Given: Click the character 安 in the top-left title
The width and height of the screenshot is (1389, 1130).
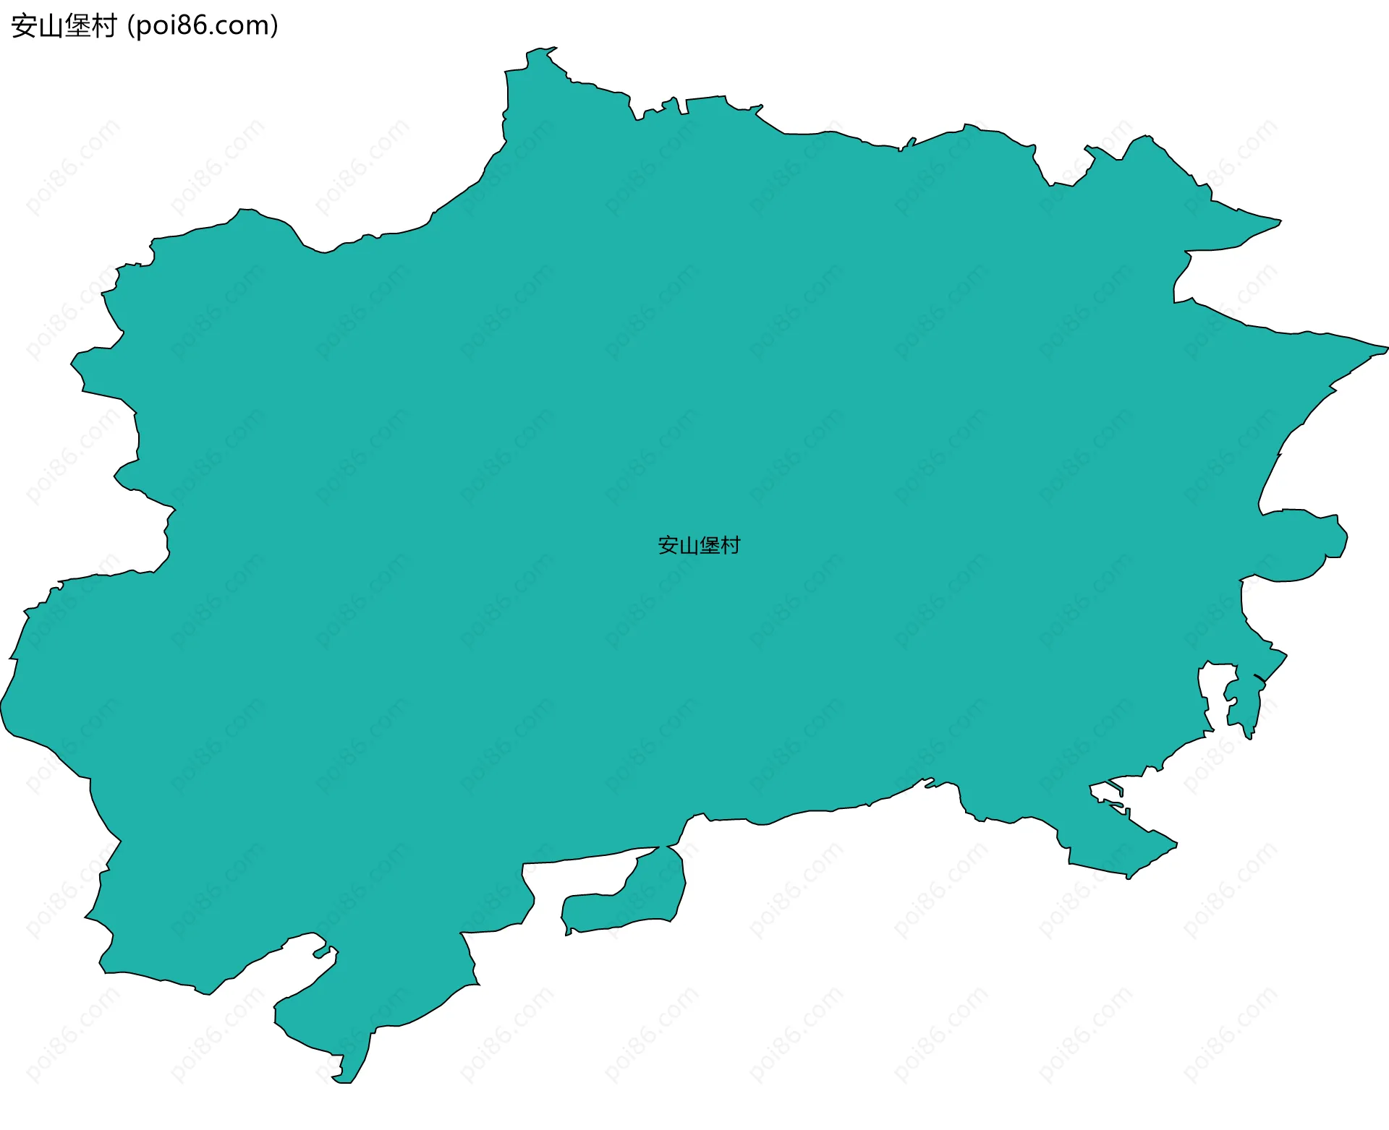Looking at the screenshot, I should pos(24,26).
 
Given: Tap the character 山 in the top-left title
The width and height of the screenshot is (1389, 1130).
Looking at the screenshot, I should pos(51,26).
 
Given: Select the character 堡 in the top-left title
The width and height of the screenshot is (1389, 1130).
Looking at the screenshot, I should pos(77,26).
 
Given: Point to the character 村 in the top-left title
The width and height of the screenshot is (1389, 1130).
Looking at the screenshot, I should pos(104,26).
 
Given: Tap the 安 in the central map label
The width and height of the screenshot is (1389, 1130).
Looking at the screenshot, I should pos(668,545).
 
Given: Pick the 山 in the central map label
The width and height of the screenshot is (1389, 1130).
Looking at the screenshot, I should pos(689,545).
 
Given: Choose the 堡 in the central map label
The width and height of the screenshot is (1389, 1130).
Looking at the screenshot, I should pos(710,545).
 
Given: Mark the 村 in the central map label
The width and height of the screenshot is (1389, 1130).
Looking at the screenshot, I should pos(731,545).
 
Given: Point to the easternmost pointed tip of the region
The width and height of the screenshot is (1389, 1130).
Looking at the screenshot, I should pos(1385,348).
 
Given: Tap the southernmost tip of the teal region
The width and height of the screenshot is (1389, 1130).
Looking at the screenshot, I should pos(341,1082).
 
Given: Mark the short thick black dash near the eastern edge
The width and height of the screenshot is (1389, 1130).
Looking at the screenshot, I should pos(1260,678).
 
